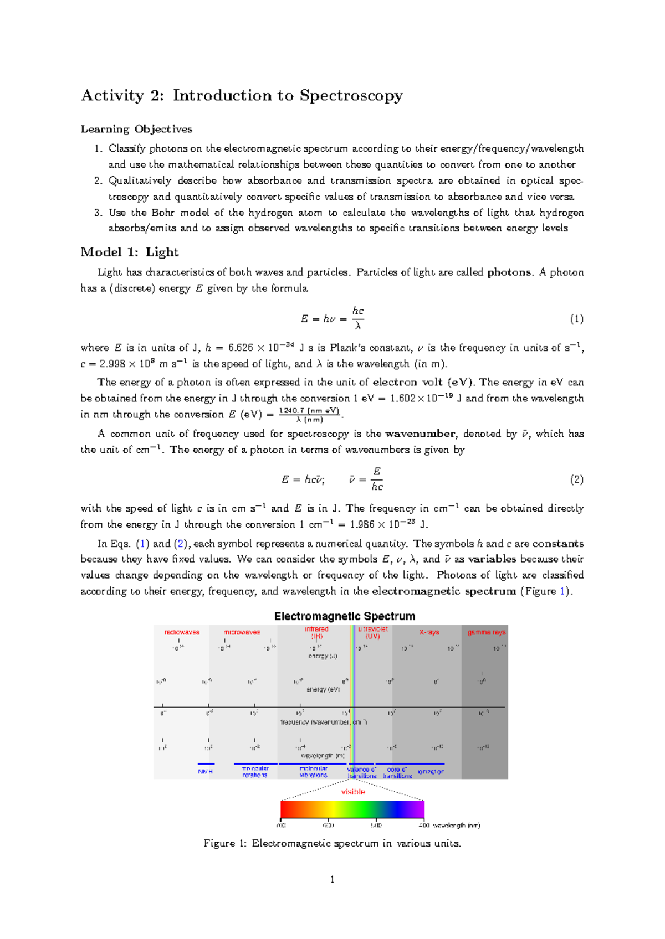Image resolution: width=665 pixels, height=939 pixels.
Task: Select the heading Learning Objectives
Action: click(x=136, y=129)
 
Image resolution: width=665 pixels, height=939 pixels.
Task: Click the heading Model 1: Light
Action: click(x=129, y=252)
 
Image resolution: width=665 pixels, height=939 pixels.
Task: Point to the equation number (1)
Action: click(x=576, y=319)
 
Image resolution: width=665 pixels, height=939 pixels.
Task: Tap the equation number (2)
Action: click(x=576, y=479)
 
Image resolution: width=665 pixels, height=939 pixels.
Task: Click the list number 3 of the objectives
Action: click(x=98, y=213)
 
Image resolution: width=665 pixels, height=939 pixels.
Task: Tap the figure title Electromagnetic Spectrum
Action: click(x=344, y=616)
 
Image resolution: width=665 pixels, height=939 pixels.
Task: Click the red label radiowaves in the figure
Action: click(x=182, y=632)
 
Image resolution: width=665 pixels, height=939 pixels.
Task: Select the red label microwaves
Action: click(x=242, y=632)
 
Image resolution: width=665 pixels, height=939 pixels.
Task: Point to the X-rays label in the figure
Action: click(x=429, y=632)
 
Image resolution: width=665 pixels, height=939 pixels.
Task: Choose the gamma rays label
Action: click(x=486, y=632)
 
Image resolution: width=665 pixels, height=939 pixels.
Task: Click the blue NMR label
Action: click(x=205, y=771)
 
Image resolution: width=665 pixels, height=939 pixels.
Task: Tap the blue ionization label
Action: click(x=431, y=771)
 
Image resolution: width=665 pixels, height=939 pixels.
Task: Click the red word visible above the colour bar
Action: click(x=353, y=792)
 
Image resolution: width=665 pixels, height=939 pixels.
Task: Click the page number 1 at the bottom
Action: click(x=332, y=880)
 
